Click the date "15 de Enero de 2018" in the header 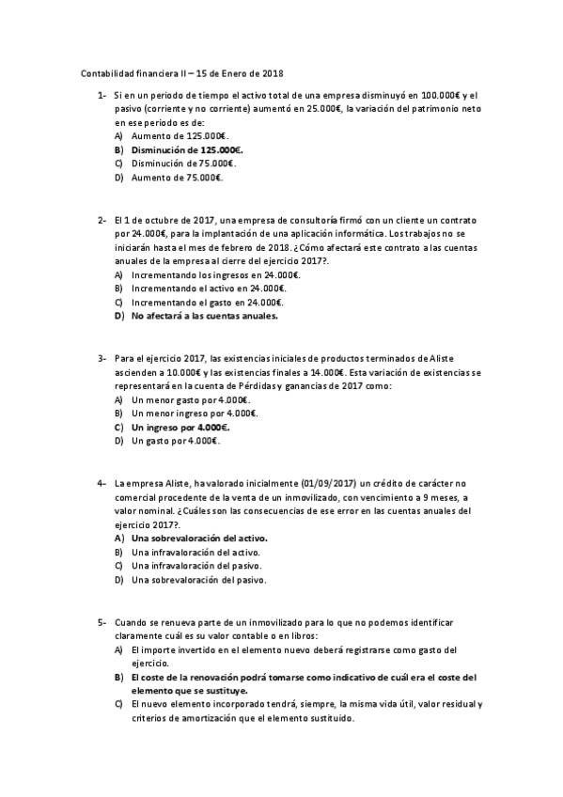coord(240,73)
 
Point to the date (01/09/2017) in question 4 coord(329,483)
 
